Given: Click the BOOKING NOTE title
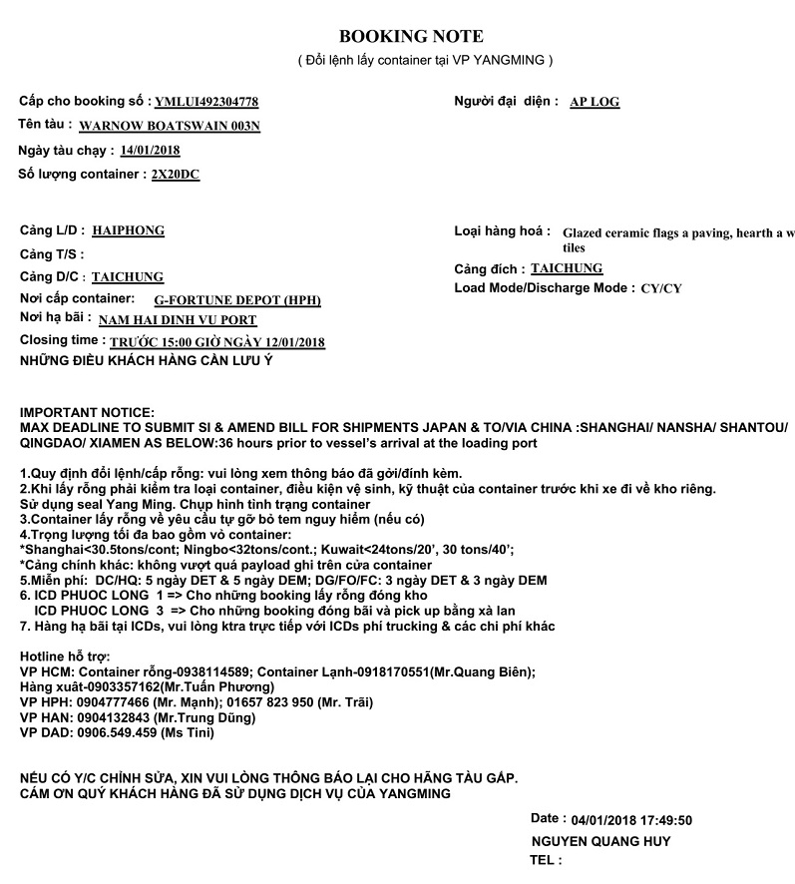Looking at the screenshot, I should (411, 37).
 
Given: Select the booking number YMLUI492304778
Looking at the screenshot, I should (206, 102).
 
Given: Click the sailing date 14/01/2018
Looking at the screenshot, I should (150, 151).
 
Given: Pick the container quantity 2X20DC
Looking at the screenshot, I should (175, 175).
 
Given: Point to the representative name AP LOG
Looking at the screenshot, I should (595, 102).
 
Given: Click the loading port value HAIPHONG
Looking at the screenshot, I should (128, 230).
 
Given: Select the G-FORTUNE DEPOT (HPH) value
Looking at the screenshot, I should (237, 299).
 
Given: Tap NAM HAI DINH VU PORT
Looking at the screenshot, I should (178, 320).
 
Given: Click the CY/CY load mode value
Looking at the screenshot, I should (661, 288).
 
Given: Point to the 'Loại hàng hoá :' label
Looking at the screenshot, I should (502, 231).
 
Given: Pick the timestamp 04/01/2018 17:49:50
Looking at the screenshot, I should (632, 820).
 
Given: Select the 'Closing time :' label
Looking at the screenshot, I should (63, 340).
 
